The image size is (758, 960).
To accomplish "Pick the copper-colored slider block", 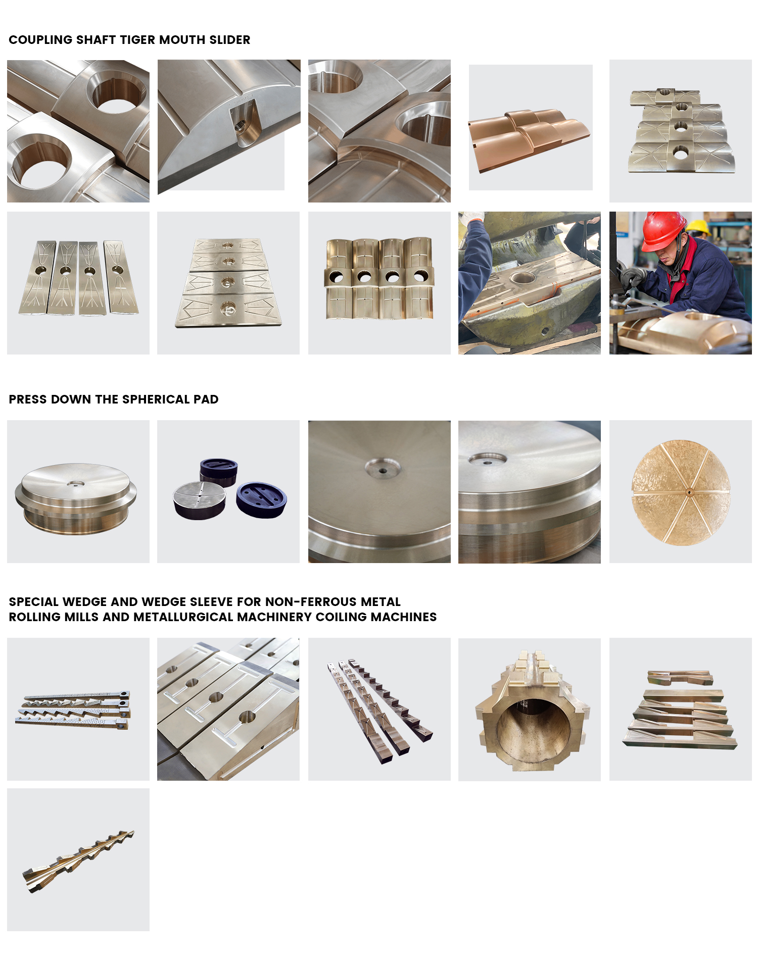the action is [x=529, y=139].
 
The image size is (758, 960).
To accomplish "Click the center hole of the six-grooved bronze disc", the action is [x=688, y=492].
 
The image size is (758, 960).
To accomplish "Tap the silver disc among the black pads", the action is [x=199, y=498].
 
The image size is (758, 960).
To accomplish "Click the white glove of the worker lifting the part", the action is [x=473, y=217].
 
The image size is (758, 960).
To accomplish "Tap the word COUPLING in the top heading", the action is [x=41, y=40].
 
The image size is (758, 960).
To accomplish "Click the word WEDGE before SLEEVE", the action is [x=164, y=602].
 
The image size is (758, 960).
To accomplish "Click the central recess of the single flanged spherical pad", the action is [x=76, y=483].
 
